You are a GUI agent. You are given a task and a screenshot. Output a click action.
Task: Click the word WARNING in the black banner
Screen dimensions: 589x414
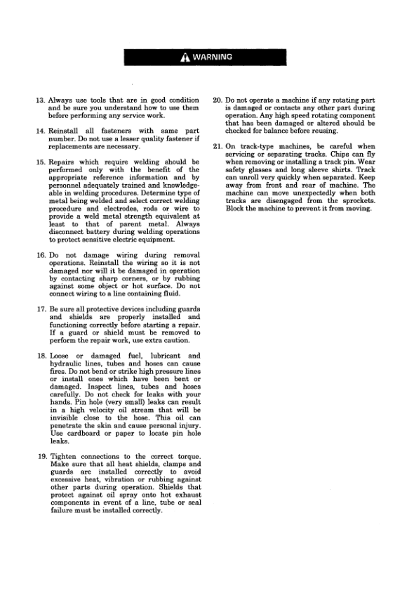tap(213, 57)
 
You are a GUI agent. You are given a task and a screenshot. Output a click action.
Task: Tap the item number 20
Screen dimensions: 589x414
tap(218, 101)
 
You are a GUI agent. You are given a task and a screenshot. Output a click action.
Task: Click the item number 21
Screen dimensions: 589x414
tap(218, 146)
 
